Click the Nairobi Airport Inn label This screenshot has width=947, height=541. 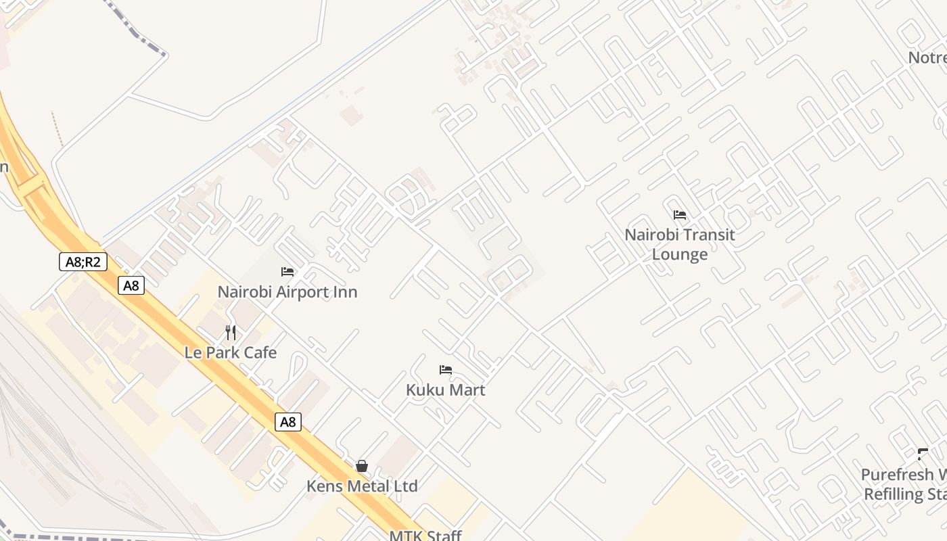[x=287, y=292]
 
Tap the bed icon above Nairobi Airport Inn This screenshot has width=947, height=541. [x=287, y=272]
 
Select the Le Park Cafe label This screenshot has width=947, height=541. [x=231, y=352]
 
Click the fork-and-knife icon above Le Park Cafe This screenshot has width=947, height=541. [x=231, y=333]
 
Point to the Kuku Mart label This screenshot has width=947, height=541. [x=445, y=390]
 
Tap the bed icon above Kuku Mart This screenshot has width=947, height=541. [x=445, y=370]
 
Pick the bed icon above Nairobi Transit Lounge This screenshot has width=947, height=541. [x=680, y=215]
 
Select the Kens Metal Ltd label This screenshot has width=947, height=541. [x=362, y=486]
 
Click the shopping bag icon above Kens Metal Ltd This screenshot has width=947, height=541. [x=362, y=466]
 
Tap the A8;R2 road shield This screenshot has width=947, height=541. [x=83, y=262]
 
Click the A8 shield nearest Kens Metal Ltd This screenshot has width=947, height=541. [x=288, y=422]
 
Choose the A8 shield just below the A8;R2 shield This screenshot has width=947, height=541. [x=131, y=285]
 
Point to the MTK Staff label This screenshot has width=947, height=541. [x=425, y=536]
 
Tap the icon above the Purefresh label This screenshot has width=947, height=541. [x=923, y=454]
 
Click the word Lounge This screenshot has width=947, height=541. [x=680, y=255]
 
